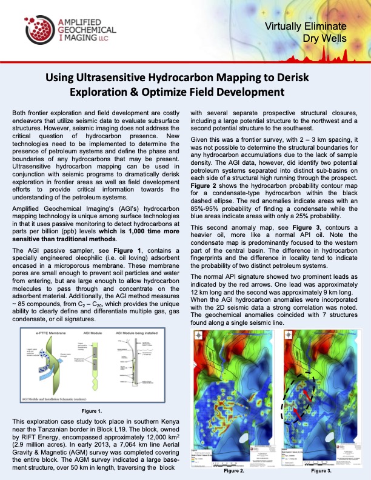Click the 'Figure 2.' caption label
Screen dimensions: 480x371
(x=233, y=470)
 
